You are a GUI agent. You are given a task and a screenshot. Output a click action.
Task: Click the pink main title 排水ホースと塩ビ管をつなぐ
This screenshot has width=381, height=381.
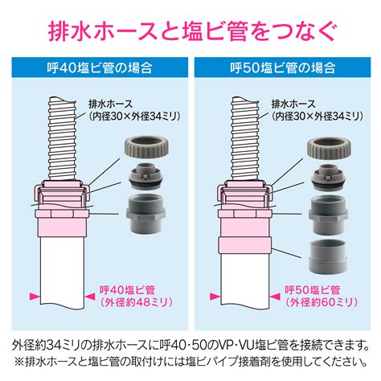tap(192, 31)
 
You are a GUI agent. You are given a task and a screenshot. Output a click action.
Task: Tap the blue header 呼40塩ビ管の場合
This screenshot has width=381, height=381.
tap(100, 68)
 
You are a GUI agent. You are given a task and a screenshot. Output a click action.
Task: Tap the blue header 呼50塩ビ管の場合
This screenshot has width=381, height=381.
tap(283, 68)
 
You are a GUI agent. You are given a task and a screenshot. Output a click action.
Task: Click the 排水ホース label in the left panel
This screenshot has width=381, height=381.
tap(111, 104)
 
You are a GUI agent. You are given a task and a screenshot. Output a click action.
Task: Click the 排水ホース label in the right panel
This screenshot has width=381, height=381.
tap(293, 104)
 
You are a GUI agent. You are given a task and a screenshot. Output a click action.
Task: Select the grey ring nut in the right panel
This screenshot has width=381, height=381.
tap(330, 146)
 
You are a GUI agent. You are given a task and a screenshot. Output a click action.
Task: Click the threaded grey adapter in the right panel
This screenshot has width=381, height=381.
tap(329, 215)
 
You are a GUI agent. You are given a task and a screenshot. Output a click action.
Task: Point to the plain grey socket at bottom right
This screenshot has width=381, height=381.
tap(329, 256)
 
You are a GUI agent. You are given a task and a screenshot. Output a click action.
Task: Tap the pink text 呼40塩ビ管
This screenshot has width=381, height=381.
tap(127, 290)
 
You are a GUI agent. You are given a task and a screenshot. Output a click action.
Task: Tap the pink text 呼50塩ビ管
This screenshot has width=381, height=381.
tap(313, 290)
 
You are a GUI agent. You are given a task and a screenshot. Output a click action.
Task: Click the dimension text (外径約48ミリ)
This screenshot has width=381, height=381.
tap(137, 302)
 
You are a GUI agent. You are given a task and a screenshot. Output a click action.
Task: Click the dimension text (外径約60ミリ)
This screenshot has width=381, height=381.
tap(322, 302)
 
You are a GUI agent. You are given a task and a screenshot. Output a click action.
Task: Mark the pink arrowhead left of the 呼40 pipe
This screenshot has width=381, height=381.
tap(35, 297)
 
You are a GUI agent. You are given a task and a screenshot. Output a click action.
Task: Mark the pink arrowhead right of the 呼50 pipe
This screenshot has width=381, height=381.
tap(275, 297)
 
